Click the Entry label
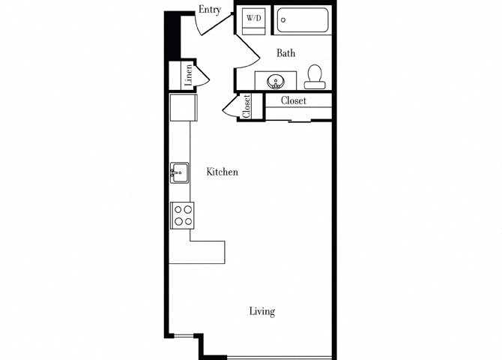click(x=208, y=10)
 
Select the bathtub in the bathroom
click(x=303, y=20)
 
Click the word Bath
click(x=285, y=53)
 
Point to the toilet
click(x=315, y=75)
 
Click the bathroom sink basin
click(x=274, y=79)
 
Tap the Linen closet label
click(x=189, y=74)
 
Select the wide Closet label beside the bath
click(x=294, y=100)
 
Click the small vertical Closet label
click(x=247, y=106)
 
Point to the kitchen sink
click(x=178, y=172)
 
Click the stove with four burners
click(x=183, y=215)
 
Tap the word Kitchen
click(x=223, y=172)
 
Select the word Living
click(x=262, y=311)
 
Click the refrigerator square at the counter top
click(x=182, y=106)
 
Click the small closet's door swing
click(x=231, y=106)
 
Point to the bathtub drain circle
click(x=283, y=20)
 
